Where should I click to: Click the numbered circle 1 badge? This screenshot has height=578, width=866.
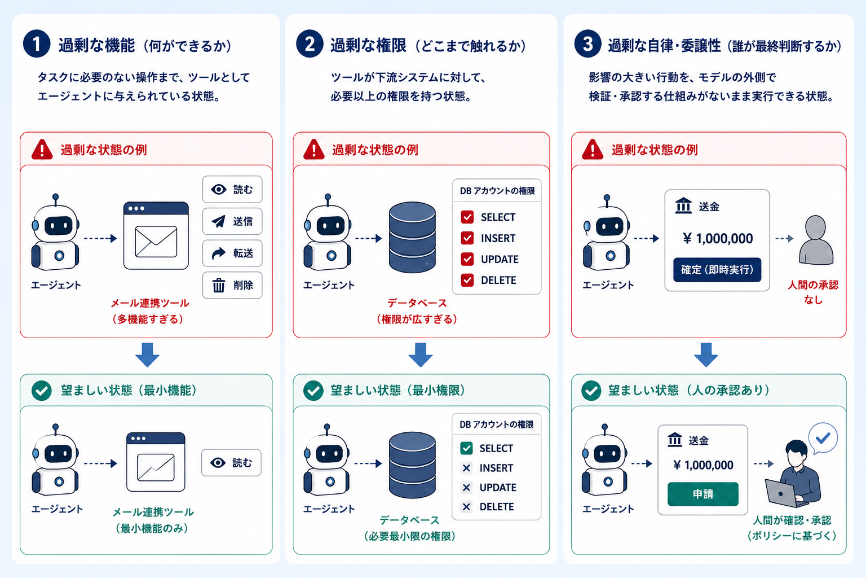(x=37, y=44)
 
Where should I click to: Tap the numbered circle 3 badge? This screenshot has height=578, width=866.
(x=587, y=44)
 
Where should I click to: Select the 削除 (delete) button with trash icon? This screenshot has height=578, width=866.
(x=232, y=285)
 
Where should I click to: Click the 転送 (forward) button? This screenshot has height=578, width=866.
(x=232, y=253)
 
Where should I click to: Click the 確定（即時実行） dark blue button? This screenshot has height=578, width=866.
(x=717, y=270)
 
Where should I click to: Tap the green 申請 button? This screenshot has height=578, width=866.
(x=703, y=494)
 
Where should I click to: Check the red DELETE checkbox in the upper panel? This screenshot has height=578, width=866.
(x=467, y=280)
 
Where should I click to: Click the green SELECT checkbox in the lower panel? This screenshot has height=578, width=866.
(x=466, y=448)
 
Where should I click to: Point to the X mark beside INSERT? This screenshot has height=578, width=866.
(x=466, y=468)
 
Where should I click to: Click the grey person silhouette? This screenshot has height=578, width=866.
(x=816, y=240)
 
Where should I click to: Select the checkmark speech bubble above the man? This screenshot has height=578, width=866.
(x=823, y=438)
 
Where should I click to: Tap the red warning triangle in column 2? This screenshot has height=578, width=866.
(x=314, y=150)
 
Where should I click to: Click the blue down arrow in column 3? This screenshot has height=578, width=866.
(x=706, y=354)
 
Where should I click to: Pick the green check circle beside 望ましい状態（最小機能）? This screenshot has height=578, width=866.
(x=42, y=390)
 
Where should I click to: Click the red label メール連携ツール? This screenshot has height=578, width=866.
(x=150, y=303)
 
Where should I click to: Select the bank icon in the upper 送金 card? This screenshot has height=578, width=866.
(x=683, y=206)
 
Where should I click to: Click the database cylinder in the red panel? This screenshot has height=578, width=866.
(x=412, y=237)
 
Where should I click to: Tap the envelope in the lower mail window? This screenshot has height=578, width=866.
(x=156, y=467)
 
